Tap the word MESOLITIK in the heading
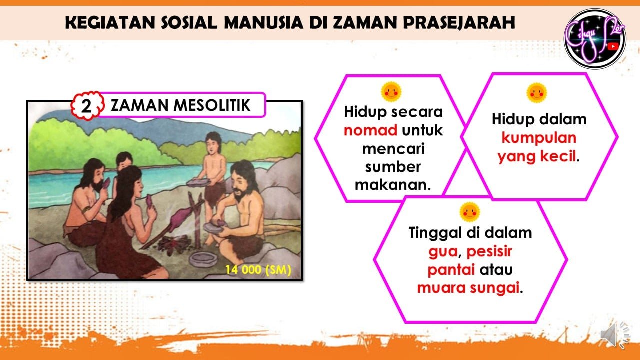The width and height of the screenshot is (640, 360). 212,105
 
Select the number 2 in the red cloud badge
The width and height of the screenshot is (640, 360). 86,106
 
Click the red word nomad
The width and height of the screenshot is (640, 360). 370,130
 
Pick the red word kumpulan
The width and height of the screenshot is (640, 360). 539,138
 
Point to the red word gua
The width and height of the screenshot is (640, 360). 443,252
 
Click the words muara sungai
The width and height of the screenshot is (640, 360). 468,288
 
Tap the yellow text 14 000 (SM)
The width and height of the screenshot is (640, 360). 258,269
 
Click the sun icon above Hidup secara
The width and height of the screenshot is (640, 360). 391,92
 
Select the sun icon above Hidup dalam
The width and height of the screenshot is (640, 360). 537,93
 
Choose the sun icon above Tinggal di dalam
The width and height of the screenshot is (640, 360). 470,212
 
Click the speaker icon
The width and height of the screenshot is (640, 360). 614,336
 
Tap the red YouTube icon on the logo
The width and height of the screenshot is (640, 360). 613,46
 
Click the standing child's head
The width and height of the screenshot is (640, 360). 213,143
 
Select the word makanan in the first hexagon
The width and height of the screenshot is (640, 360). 393,185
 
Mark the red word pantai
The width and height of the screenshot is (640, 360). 451,270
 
